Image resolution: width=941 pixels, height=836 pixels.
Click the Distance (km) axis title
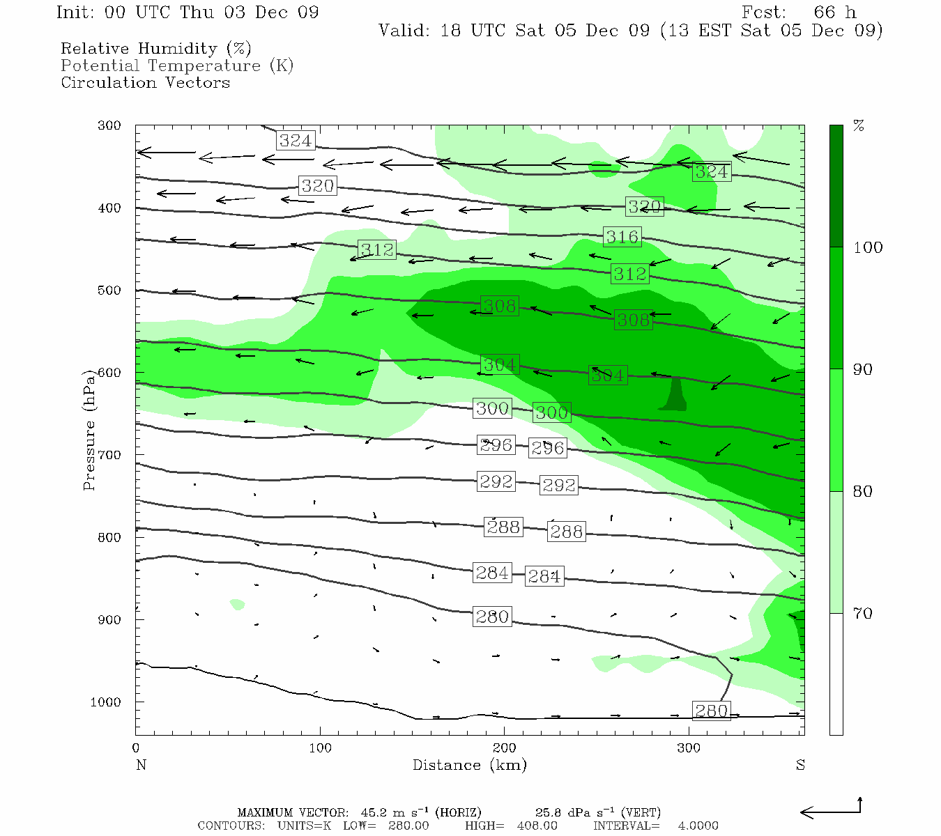(x=469, y=765)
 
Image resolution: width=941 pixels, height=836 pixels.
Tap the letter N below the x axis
(x=141, y=765)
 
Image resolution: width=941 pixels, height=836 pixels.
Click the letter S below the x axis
(x=800, y=765)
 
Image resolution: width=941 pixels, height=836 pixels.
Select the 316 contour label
(x=622, y=237)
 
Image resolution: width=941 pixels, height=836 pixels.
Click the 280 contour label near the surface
(x=711, y=711)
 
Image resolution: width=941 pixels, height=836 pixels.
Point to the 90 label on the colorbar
(x=863, y=369)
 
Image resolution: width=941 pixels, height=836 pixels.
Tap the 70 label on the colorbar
(x=863, y=613)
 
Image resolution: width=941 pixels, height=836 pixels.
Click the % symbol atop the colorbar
(x=859, y=126)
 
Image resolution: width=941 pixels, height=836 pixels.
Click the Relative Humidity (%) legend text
(x=155, y=49)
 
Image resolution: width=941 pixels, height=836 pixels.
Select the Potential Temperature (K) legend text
(x=177, y=65)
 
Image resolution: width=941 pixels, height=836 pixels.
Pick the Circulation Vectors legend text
(x=145, y=82)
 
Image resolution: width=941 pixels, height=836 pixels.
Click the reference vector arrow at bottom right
(x=831, y=810)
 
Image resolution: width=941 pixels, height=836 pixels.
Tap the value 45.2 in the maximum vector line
(x=374, y=812)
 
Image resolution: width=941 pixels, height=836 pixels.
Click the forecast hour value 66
(x=824, y=13)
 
